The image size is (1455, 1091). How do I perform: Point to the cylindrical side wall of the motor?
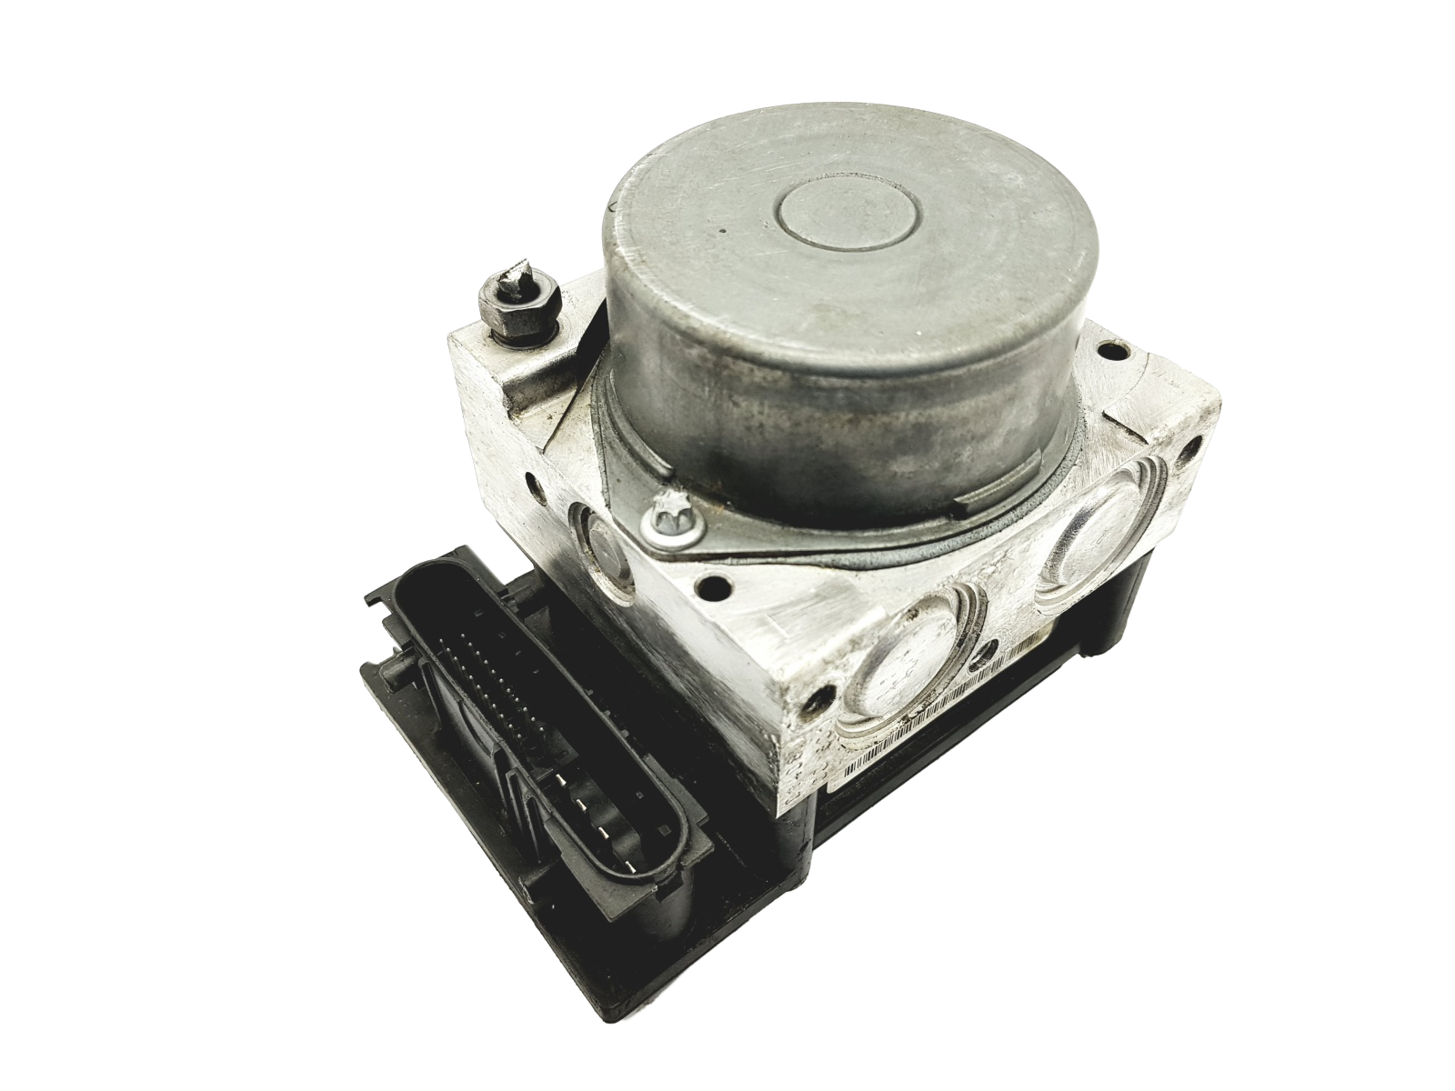pos(818,400)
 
